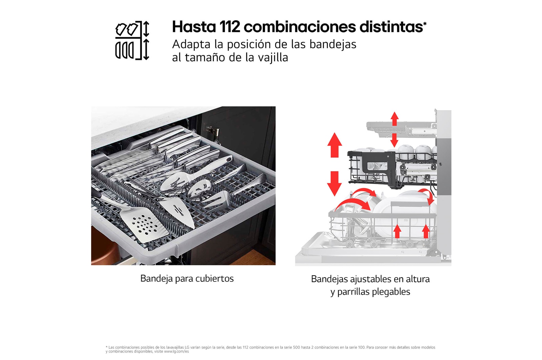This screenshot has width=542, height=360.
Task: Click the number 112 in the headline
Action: pyautogui.click(x=230, y=27)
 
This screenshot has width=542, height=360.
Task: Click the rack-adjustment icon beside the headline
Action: pyautogui.click(x=132, y=41)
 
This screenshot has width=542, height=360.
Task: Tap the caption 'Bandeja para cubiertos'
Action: pyautogui.click(x=187, y=279)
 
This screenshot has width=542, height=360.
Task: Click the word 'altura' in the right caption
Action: pyautogui.click(x=416, y=279)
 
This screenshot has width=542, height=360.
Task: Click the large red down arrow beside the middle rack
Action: pyautogui.click(x=335, y=183)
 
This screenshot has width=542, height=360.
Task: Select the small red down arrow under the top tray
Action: pyautogui.click(x=394, y=140)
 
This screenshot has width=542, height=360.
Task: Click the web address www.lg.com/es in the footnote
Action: pyautogui.click(x=176, y=352)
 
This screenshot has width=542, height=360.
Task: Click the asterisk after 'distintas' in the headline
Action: pyautogui.click(x=425, y=23)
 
